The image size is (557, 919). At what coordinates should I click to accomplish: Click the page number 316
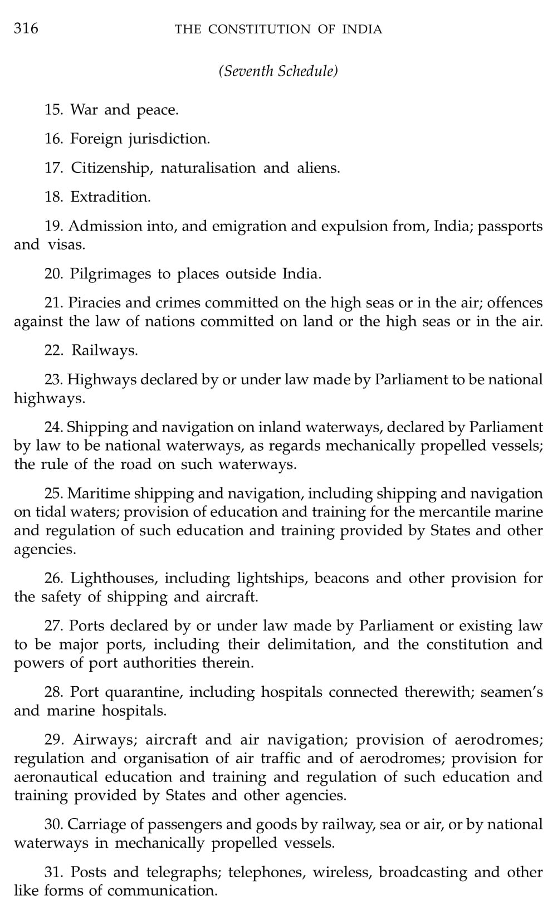click(x=26, y=28)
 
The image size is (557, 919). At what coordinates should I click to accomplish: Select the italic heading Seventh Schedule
click(x=278, y=71)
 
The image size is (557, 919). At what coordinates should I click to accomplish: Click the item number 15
click(x=53, y=110)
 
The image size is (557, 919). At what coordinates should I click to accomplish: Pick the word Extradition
click(x=110, y=197)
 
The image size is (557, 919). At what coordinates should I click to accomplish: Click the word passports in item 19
click(x=510, y=226)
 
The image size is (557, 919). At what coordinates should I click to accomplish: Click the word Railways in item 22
click(x=105, y=351)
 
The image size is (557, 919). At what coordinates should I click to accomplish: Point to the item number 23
click(x=53, y=380)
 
